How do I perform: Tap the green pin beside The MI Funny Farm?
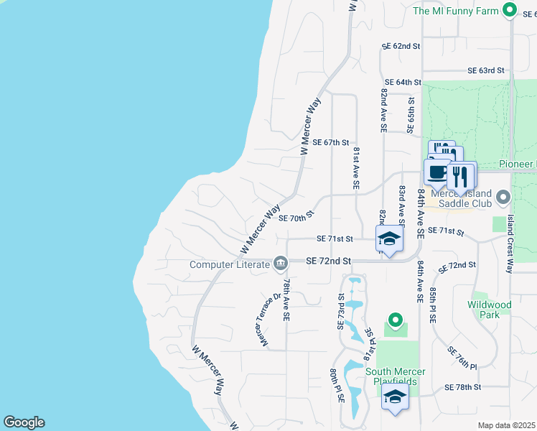click(x=510, y=10)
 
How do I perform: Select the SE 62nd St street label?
click(x=401, y=46)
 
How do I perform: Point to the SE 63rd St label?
click(x=486, y=71)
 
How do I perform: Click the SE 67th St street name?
click(x=331, y=143)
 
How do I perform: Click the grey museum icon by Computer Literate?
click(x=280, y=264)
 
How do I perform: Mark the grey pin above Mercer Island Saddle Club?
click(x=503, y=196)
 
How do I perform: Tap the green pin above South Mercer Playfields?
click(x=394, y=320)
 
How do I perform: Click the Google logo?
click(x=24, y=422)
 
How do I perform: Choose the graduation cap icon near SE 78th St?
click(x=395, y=397)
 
